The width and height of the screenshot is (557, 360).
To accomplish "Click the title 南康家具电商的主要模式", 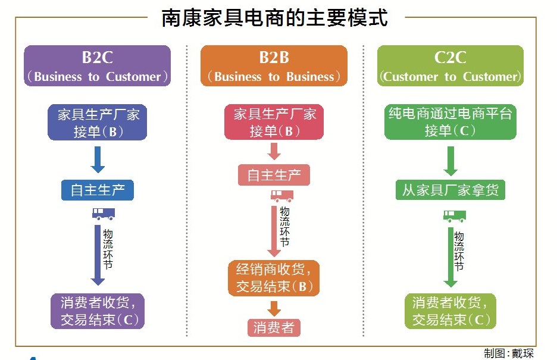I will pos(275,18).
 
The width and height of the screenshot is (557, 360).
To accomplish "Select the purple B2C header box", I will pos(97,66).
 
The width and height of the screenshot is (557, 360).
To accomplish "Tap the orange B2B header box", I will pos(274,66).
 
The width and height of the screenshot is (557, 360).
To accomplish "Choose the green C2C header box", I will pos(450,66).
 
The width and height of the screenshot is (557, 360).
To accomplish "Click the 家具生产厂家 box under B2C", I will pos(98,123).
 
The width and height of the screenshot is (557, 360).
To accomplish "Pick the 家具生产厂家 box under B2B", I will pos(274,123).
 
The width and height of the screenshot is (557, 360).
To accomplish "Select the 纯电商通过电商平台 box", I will pos(450,123).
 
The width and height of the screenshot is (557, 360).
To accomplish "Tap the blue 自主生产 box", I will pos(98,190).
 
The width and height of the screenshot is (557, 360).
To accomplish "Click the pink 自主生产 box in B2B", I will pos(274,176).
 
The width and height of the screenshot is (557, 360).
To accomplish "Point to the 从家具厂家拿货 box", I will pos(450,190).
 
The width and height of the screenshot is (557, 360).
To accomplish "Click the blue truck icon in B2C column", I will pos(102,214).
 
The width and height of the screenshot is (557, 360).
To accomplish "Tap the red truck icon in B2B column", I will pos(281,196).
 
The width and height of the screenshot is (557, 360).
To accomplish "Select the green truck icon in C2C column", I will pos(454,215).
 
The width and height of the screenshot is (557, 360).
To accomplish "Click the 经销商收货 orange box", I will pos(274,278).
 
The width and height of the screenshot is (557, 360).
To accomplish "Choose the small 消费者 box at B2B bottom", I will pos(274,327).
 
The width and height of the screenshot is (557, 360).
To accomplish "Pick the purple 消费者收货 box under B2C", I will pos(98,311).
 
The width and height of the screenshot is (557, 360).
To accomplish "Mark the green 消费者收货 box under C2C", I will pos(450,311).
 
